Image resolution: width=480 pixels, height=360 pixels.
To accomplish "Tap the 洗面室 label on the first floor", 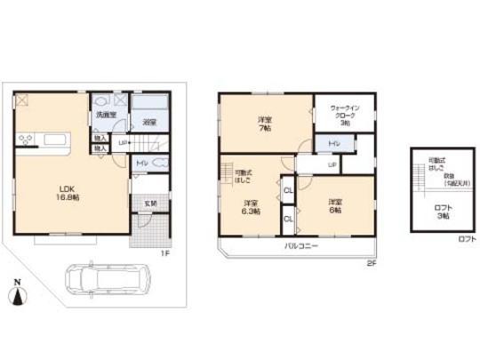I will (x=107, y=116).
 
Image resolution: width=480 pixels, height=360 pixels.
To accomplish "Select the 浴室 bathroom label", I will (x=149, y=123).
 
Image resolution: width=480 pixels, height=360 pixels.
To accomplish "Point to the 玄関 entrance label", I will (x=151, y=204).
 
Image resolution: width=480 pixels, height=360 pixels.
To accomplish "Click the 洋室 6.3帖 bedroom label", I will (x=250, y=207).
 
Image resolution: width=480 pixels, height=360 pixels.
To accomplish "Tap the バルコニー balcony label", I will (x=303, y=244).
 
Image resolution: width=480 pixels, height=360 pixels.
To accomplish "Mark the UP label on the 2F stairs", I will (x=332, y=164).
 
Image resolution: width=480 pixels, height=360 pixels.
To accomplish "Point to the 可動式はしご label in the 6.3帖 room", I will (x=243, y=174).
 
